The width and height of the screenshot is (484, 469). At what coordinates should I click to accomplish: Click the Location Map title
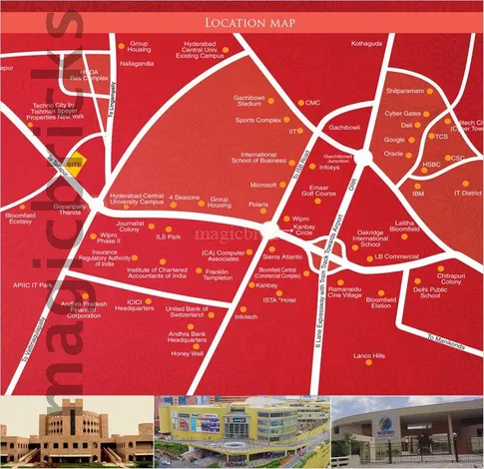click(x=246, y=21)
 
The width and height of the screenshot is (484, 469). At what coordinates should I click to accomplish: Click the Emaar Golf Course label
click(x=325, y=192)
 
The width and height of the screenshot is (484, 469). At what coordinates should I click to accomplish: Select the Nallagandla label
click(x=137, y=63)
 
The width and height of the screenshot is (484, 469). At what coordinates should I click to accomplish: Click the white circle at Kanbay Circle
click(x=271, y=231)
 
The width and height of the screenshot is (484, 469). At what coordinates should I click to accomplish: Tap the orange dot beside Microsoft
click(x=284, y=185)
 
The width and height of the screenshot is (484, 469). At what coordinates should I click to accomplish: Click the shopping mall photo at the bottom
click(x=242, y=431)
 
